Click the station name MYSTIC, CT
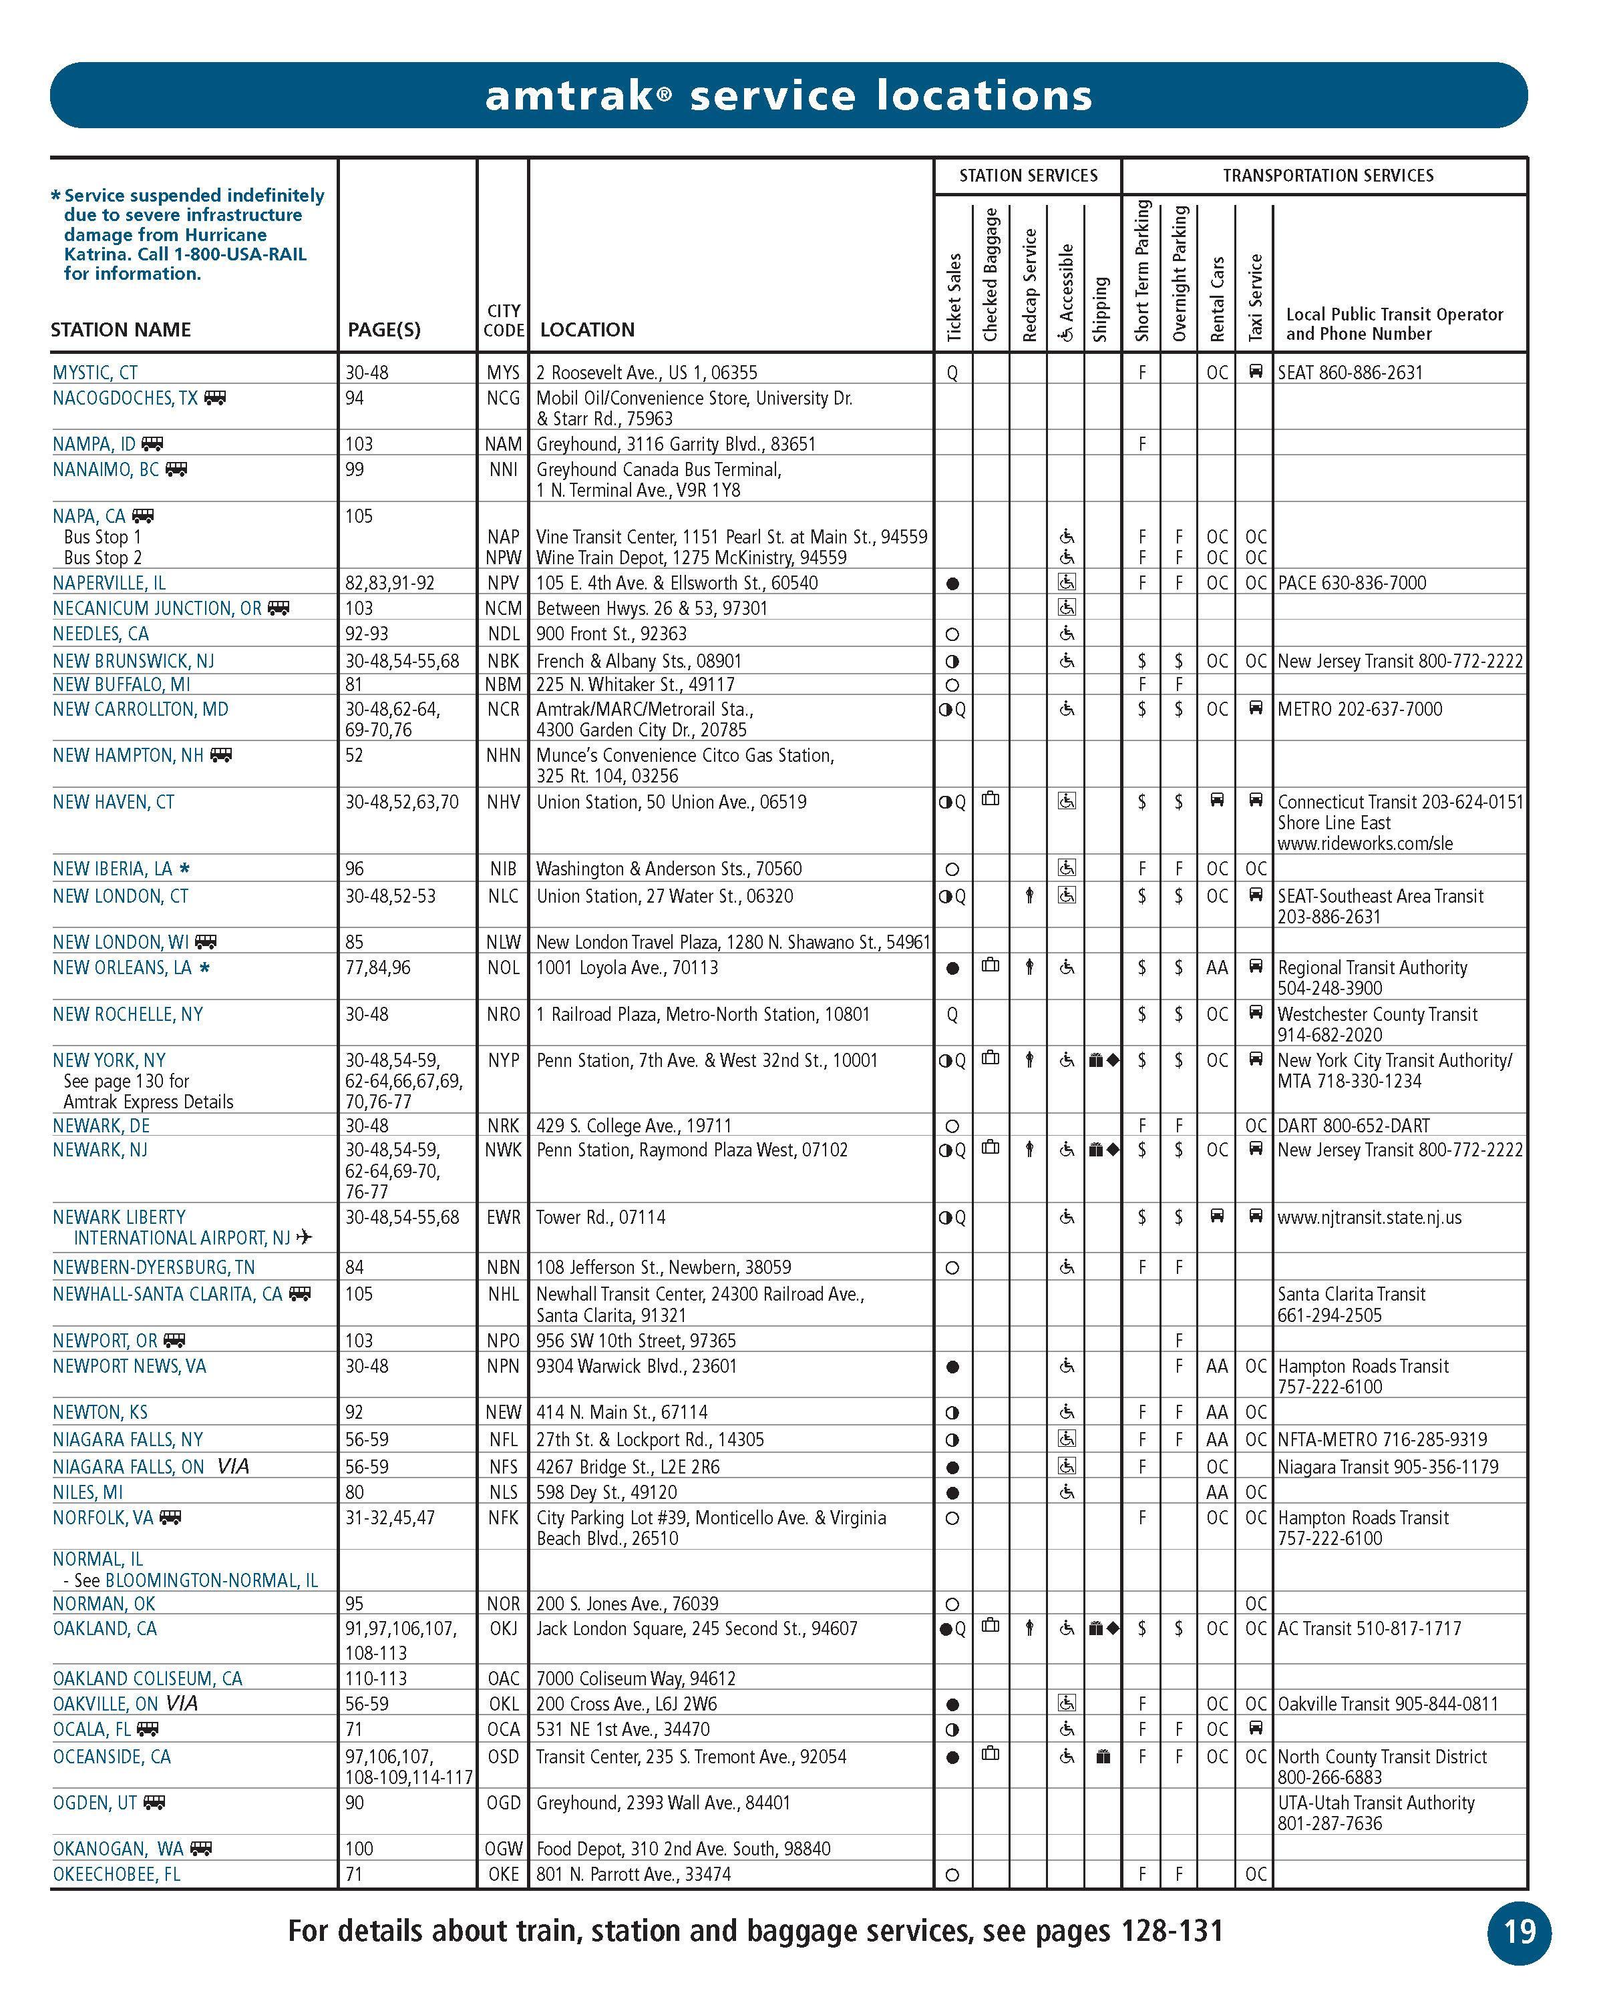coord(95,373)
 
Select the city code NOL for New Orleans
coord(503,967)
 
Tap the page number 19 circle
coord(1520,1932)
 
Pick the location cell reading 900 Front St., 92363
coord(611,634)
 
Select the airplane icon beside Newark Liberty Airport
coord(304,1237)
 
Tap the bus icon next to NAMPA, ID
coord(152,444)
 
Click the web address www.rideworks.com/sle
coord(1364,843)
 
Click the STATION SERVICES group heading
coord(1028,176)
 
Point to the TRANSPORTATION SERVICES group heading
coord(1327,176)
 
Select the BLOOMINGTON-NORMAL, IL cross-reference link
coord(211,1580)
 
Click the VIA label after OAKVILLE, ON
coord(182,1703)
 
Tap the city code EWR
coord(503,1217)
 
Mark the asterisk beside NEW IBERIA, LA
coord(184,869)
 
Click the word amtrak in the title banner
coord(570,95)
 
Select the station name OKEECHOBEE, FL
coord(116,1874)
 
